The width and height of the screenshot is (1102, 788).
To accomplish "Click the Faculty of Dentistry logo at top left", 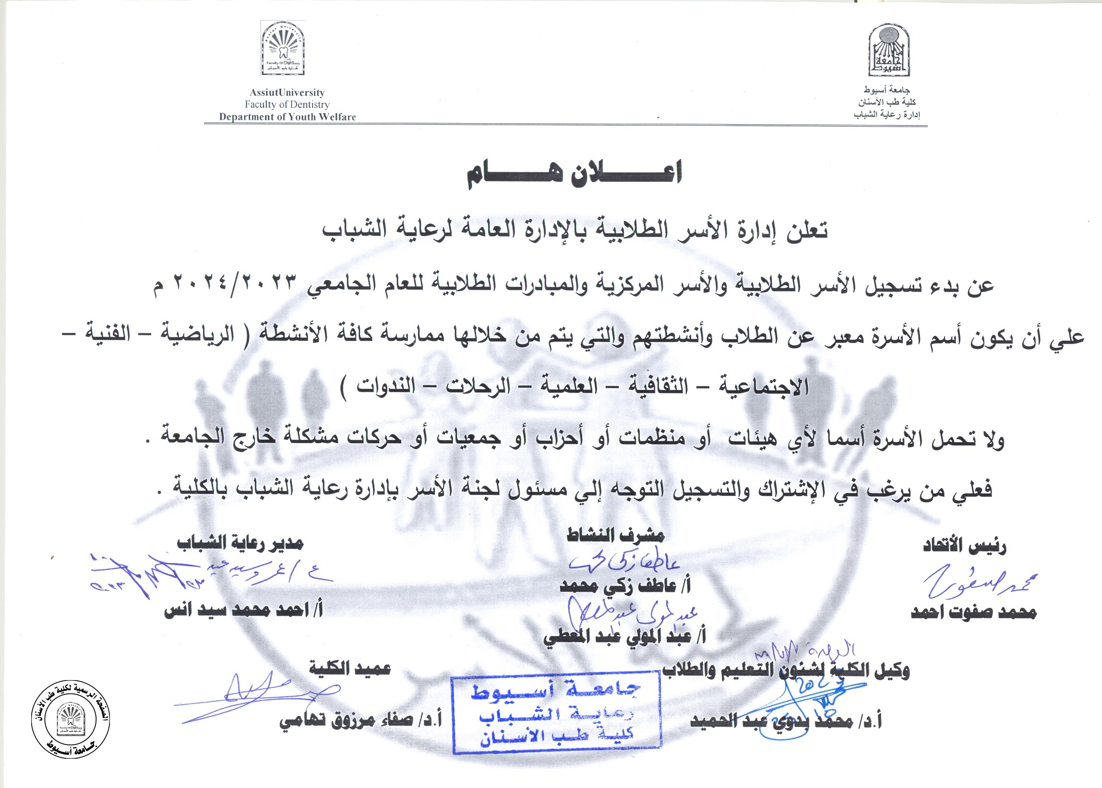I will point(283,48).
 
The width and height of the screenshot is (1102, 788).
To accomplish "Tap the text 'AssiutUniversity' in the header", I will point(287,93).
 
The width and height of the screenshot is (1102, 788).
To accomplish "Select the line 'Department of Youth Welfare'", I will point(287,117).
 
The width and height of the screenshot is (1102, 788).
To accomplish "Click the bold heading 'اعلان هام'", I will point(575,173).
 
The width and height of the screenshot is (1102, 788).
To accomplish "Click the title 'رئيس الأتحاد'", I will point(964,546).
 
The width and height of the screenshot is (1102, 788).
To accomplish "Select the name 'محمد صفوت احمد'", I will point(973,613).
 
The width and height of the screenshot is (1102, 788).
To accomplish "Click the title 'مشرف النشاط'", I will point(615,535).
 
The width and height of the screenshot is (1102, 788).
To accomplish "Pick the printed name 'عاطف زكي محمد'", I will point(625,586).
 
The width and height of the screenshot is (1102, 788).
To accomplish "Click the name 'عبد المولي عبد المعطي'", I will point(624,637).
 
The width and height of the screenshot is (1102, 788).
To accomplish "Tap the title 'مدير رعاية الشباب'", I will point(240,543).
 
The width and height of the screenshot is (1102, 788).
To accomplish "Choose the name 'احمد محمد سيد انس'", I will point(243,610).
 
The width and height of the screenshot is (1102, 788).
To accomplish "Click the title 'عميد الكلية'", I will point(350,669).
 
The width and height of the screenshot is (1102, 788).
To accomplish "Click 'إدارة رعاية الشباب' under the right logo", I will point(887,115).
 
